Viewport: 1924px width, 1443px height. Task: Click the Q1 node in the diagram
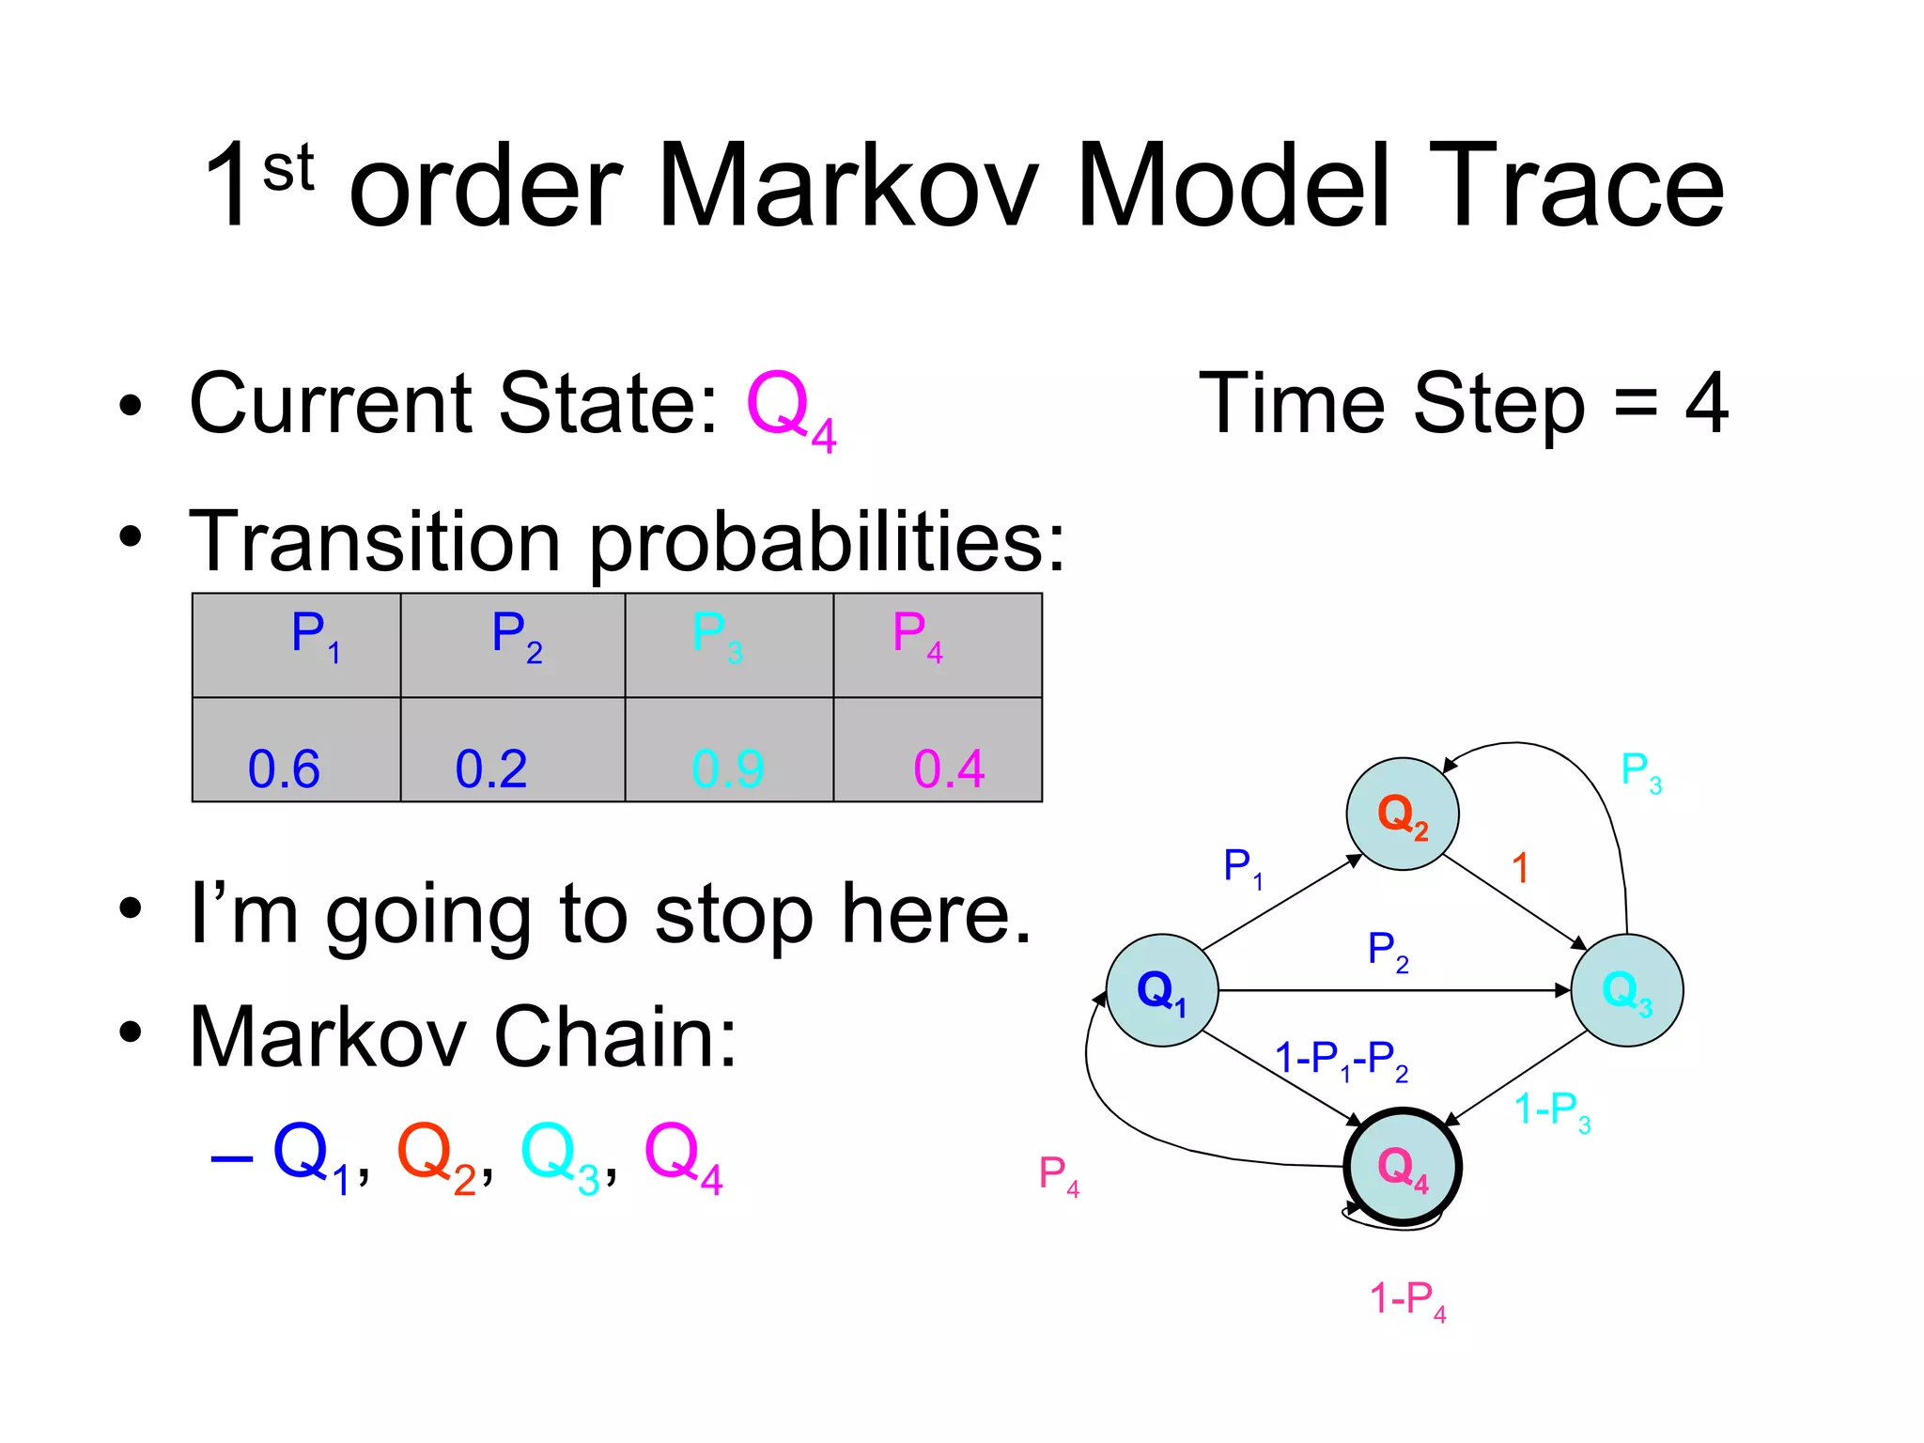click(1162, 990)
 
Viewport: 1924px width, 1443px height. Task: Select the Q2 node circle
click(1402, 815)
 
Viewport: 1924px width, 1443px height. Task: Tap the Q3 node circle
click(1626, 990)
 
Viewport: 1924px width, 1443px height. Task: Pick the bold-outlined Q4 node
click(1402, 1167)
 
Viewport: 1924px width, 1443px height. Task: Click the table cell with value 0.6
click(296, 750)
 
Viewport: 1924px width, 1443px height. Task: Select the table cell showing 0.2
click(512, 750)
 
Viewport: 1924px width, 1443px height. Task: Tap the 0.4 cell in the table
click(938, 750)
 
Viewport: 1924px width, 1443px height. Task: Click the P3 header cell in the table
click(729, 645)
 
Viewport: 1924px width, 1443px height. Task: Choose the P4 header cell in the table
click(938, 645)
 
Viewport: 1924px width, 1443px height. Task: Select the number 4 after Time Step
click(1705, 404)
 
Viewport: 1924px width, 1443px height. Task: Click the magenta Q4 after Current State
click(790, 410)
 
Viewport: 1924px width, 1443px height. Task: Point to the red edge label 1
click(1520, 867)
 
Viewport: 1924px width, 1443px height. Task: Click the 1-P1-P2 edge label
click(1341, 1061)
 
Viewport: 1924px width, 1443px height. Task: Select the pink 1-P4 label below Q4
click(1406, 1300)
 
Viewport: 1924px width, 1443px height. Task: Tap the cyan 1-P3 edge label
click(1552, 1111)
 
